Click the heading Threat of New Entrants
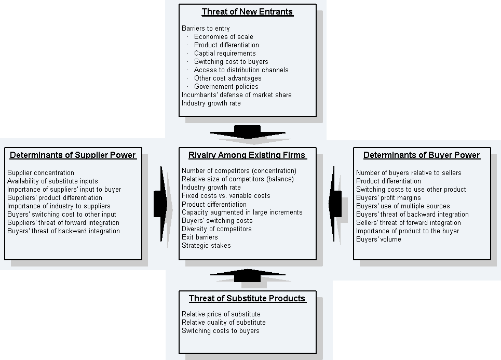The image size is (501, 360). (247, 12)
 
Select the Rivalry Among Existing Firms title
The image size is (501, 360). (247, 155)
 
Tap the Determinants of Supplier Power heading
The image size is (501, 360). (73, 155)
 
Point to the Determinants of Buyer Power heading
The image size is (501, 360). (422, 155)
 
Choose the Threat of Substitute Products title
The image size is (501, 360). (247, 298)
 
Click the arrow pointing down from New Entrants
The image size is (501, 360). (247, 132)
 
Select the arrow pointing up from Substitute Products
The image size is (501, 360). (247, 275)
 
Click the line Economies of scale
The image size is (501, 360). (223, 37)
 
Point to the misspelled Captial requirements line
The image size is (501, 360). (225, 54)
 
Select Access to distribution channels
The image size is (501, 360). (241, 70)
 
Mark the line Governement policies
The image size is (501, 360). (226, 87)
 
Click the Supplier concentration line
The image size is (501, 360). (40, 173)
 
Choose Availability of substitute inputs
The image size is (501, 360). (52, 181)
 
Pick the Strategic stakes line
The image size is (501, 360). (206, 246)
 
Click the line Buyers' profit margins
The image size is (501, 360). (388, 198)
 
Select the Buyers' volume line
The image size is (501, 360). (378, 239)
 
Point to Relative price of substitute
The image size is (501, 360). (221, 314)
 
